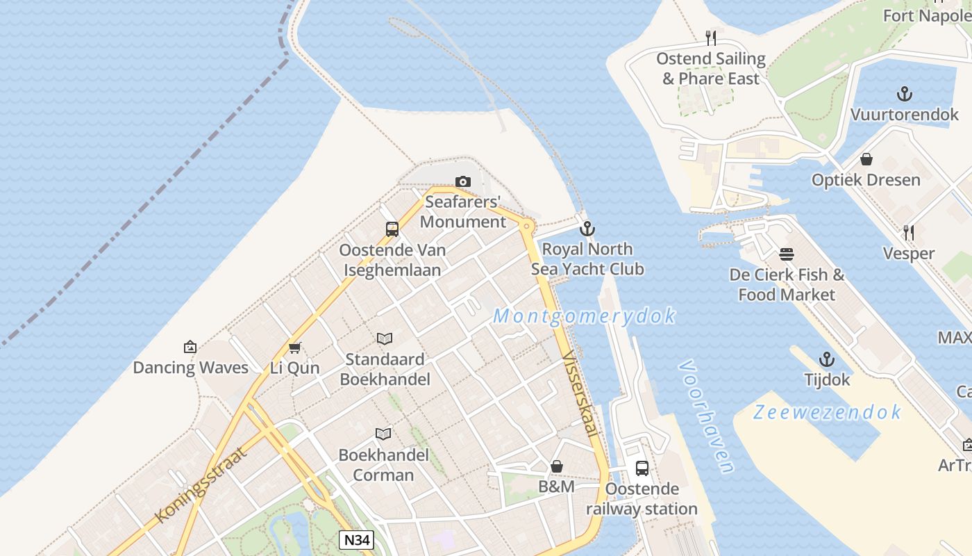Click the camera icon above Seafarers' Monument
click(x=462, y=182)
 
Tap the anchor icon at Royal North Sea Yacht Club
click(x=587, y=229)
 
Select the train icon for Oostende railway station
click(x=642, y=468)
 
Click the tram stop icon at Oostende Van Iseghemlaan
click(x=392, y=229)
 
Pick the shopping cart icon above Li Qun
click(x=295, y=347)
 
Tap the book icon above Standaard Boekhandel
click(x=385, y=339)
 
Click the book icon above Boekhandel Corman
click(x=383, y=434)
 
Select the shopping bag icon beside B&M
click(x=556, y=466)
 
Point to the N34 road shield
click(x=356, y=540)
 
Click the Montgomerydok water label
click(x=584, y=316)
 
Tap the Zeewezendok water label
click(x=828, y=412)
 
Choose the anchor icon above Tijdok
click(x=827, y=359)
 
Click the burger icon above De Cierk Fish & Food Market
click(x=787, y=254)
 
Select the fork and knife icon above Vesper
click(x=908, y=233)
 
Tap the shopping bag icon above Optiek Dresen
click(x=866, y=159)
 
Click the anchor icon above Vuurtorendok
click(x=904, y=94)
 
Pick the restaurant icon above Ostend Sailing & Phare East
click(x=711, y=38)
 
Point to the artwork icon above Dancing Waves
click(x=190, y=347)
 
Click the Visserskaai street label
click(x=580, y=393)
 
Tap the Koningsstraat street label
click(x=202, y=484)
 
